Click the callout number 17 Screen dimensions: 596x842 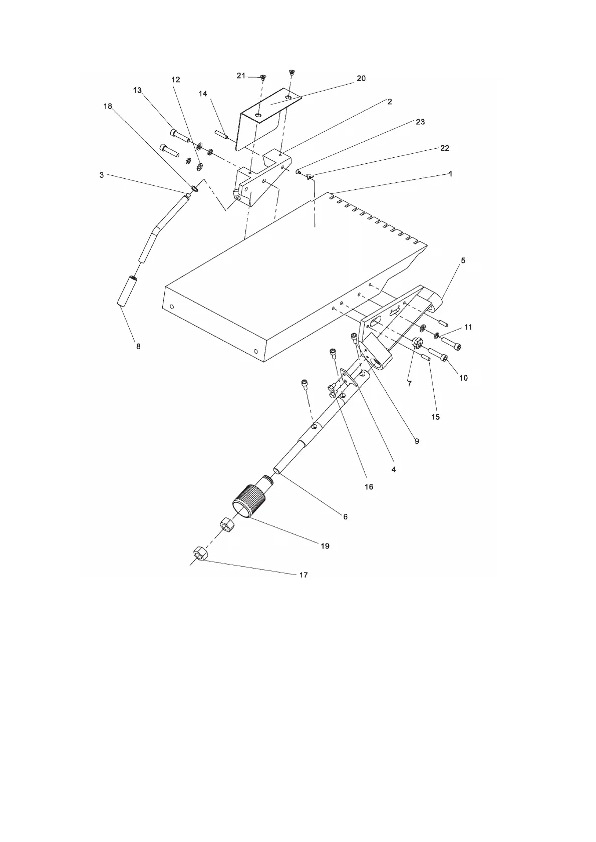click(x=303, y=575)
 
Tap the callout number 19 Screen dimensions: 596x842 click(x=325, y=546)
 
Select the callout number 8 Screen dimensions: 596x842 click(x=139, y=346)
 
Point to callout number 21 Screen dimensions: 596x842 click(x=241, y=76)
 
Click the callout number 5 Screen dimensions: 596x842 click(x=463, y=260)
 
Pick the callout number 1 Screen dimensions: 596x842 click(x=450, y=174)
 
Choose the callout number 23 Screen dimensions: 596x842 click(x=420, y=122)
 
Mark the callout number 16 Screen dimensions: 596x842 click(x=369, y=486)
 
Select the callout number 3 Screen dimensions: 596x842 click(x=102, y=175)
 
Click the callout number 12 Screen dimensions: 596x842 click(x=175, y=80)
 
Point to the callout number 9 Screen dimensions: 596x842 click(x=417, y=441)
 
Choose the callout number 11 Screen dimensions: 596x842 click(x=468, y=327)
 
